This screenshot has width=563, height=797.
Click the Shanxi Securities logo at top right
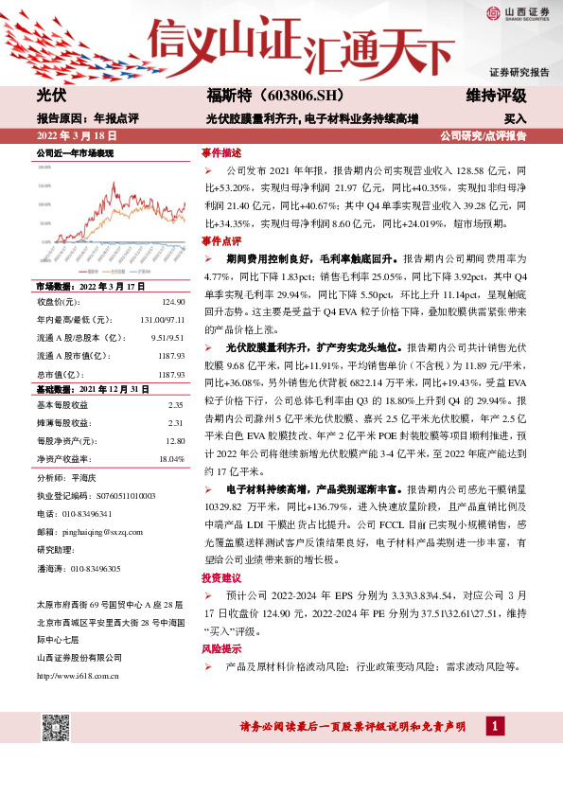519,12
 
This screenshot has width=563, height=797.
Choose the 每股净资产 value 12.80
173,440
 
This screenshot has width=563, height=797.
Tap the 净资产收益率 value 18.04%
171,458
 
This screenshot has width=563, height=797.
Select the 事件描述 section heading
221,152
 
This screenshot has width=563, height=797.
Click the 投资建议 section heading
221,577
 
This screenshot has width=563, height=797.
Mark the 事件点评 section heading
221,241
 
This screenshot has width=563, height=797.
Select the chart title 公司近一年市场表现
75,152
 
